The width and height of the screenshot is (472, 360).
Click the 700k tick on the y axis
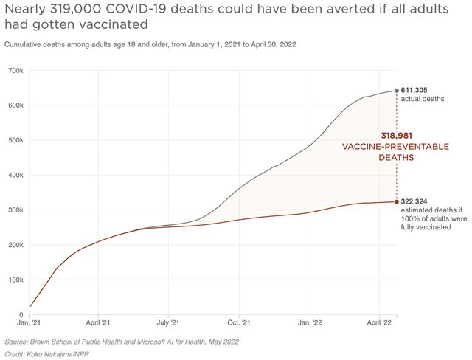[x=14, y=70]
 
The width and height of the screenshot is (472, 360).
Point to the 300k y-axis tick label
[x=14, y=210]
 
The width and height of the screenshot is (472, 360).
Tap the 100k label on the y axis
[x=14, y=280]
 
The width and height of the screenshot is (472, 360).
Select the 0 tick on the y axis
[x=21, y=315]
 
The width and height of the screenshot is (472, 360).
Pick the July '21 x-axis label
[x=168, y=323]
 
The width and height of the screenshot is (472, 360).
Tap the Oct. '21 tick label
[x=238, y=323]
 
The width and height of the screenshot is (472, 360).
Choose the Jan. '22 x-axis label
[x=309, y=323]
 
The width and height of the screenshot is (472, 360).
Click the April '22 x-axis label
[x=378, y=323]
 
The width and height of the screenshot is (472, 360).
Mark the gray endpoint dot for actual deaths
[x=398, y=91]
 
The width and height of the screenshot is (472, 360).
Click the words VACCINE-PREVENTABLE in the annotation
[x=395, y=147]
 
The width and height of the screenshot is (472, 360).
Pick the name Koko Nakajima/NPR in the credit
[x=57, y=354]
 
